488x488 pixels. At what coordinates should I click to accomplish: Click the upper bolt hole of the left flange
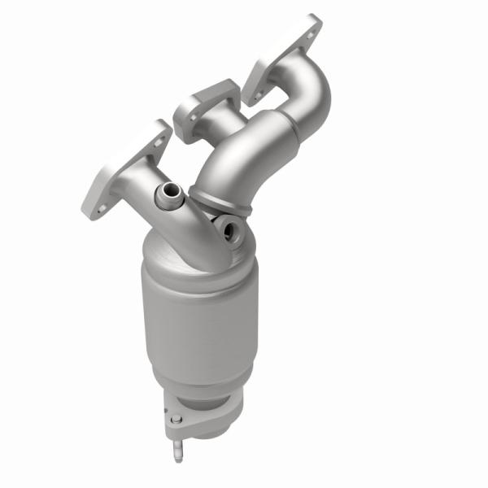pyautogui.click(x=160, y=139)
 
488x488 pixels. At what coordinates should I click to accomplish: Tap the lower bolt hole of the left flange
pyautogui.click(x=101, y=209)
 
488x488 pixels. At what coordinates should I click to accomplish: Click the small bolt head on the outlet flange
pyautogui.click(x=176, y=420)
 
